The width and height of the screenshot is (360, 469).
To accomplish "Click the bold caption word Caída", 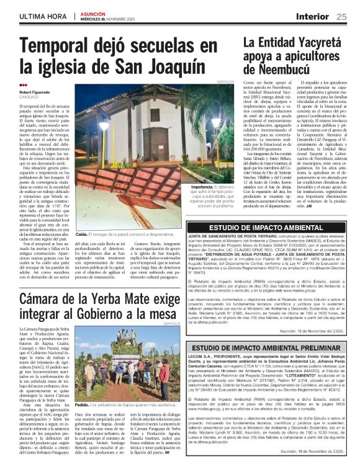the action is point(81,235).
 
